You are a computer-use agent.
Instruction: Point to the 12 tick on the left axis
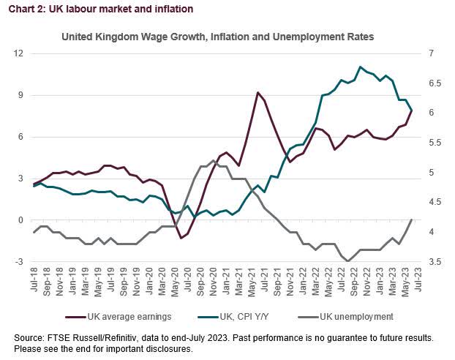coord(20,53)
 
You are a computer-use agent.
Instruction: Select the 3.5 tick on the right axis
coord(435,261)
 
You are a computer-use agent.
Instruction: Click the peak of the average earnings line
coord(257,93)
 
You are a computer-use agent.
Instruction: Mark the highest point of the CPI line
coord(360,67)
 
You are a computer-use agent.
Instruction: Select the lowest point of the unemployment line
coord(348,260)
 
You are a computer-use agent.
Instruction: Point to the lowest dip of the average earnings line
coord(181,238)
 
